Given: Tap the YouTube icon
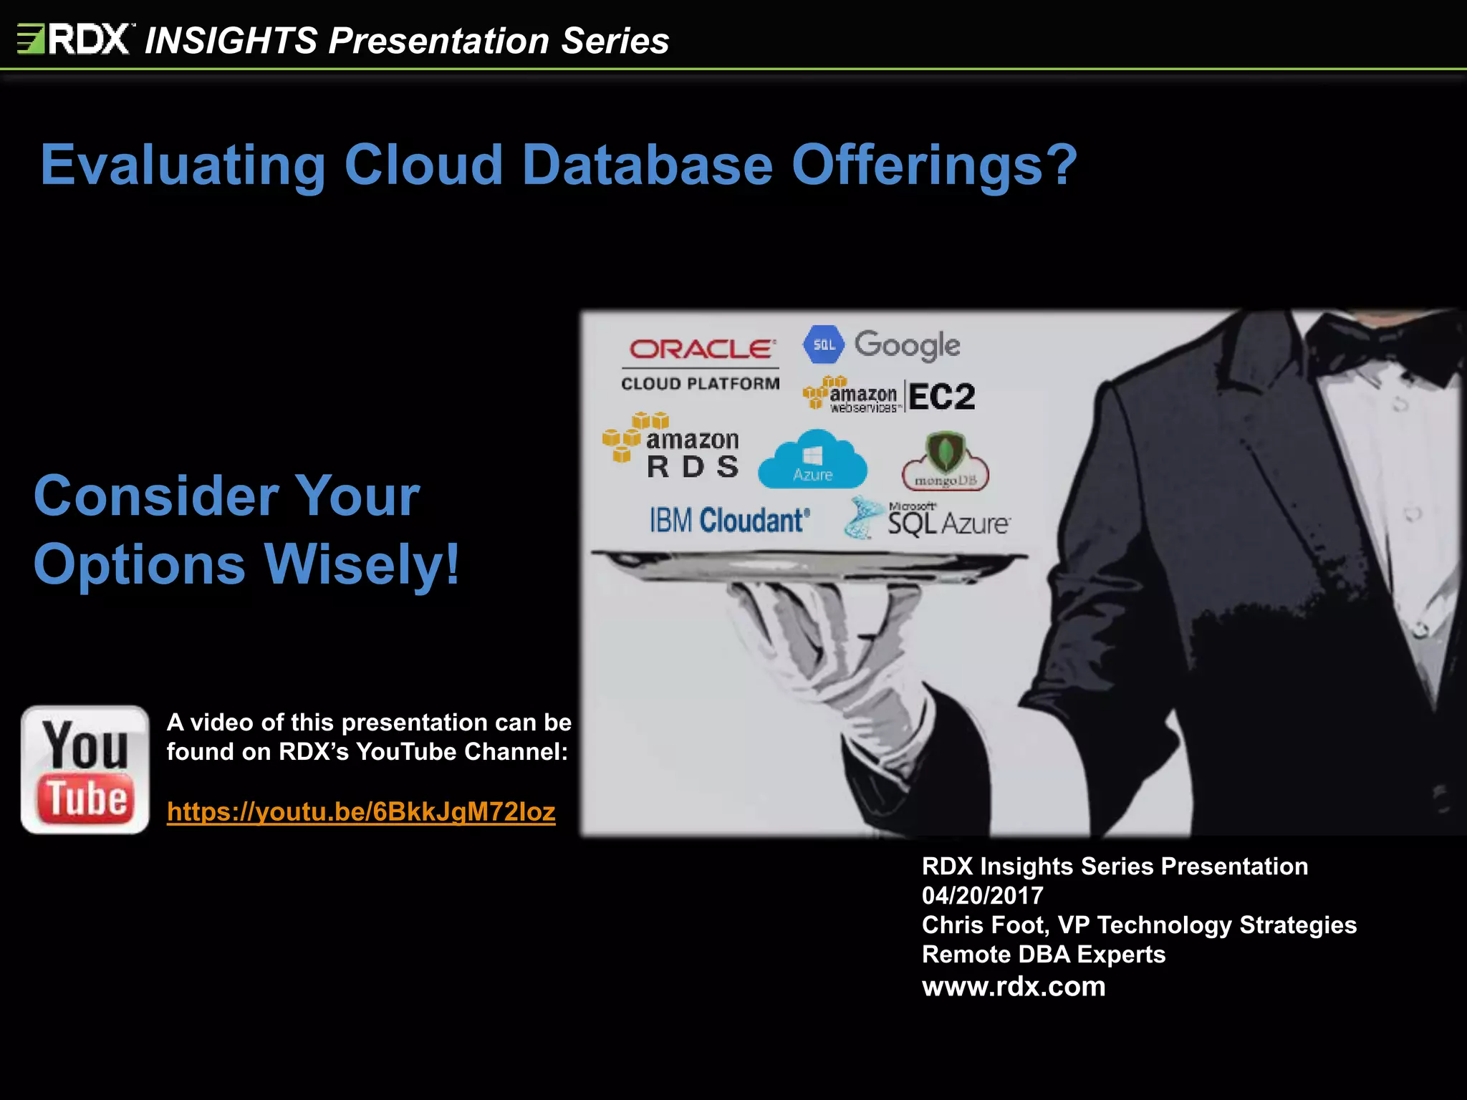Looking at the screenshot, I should pyautogui.click(x=85, y=770).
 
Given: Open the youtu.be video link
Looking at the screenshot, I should pyautogui.click(x=361, y=812).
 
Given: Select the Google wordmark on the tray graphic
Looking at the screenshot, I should pyautogui.click(x=907, y=345).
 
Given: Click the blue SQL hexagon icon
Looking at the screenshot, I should pyautogui.click(x=824, y=345).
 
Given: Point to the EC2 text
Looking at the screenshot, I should pyautogui.click(x=942, y=396).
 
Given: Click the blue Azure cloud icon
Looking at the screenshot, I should pyautogui.click(x=812, y=460).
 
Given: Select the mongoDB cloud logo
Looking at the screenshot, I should pyautogui.click(x=946, y=463).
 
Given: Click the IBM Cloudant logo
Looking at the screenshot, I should pyautogui.click(x=729, y=521).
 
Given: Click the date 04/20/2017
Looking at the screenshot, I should pyautogui.click(x=982, y=895).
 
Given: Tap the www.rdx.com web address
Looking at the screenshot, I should pyautogui.click(x=1014, y=986).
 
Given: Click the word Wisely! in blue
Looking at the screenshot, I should pyautogui.click(x=362, y=564).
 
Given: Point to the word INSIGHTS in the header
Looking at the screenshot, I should pyautogui.click(x=231, y=40).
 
